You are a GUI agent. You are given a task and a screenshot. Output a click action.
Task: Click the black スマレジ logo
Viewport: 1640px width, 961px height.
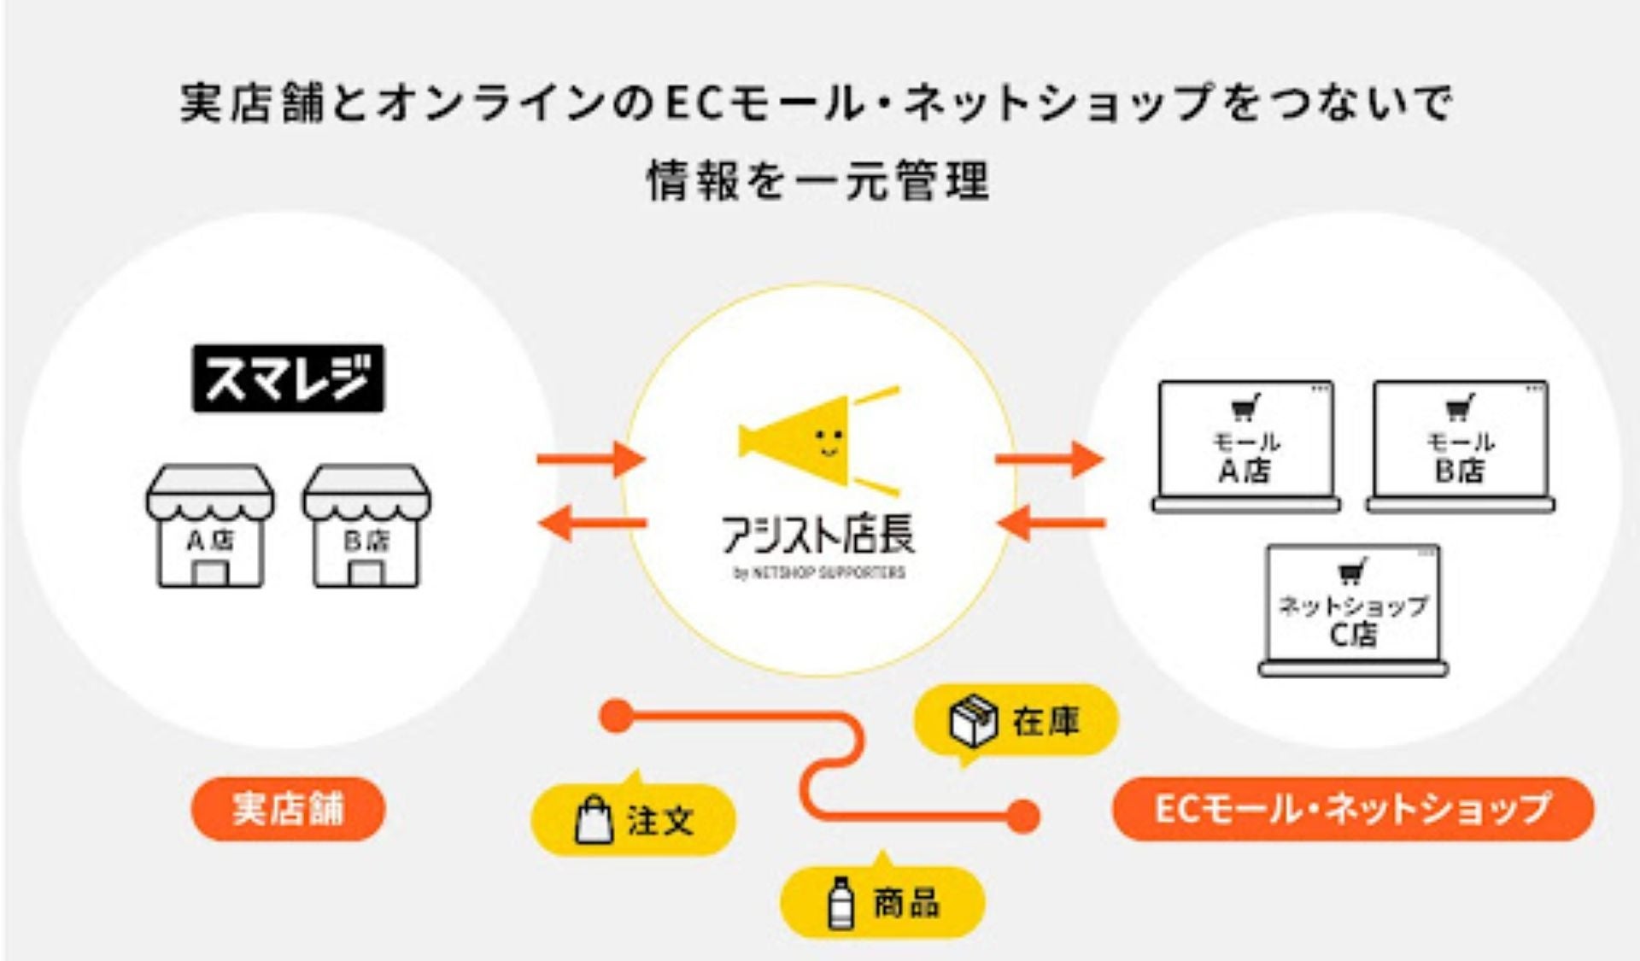pyautogui.click(x=288, y=378)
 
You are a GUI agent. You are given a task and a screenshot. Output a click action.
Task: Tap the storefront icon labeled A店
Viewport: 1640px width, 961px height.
pyautogui.click(x=209, y=526)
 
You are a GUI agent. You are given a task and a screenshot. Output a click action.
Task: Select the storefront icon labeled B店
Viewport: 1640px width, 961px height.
pyautogui.click(x=366, y=526)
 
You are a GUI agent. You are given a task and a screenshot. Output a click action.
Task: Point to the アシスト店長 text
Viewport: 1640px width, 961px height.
pyautogui.click(x=818, y=535)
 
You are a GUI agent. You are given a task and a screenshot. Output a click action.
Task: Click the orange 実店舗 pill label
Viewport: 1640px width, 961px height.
pyautogui.click(x=288, y=809)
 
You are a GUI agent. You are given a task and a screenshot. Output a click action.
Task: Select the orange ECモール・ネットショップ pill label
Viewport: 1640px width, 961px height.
pyautogui.click(x=1353, y=809)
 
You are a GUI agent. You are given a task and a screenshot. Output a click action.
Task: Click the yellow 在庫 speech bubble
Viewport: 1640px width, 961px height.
pyautogui.click(x=1016, y=721)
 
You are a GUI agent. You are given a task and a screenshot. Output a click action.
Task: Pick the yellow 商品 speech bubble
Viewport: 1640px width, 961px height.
pyautogui.click(x=882, y=902)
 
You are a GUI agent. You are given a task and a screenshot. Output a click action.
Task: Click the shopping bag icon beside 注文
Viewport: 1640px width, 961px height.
pyautogui.click(x=594, y=820)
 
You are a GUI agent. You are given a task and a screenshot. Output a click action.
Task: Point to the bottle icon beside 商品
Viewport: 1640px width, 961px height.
pyautogui.click(x=841, y=902)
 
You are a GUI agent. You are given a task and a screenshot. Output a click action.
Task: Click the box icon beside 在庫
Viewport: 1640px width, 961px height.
pyautogui.click(x=974, y=721)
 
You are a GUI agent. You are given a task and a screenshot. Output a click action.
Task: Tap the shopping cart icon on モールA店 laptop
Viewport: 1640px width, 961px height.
pyautogui.click(x=1245, y=407)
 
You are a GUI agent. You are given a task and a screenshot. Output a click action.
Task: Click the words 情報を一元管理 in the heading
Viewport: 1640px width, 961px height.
pyautogui.click(x=818, y=180)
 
